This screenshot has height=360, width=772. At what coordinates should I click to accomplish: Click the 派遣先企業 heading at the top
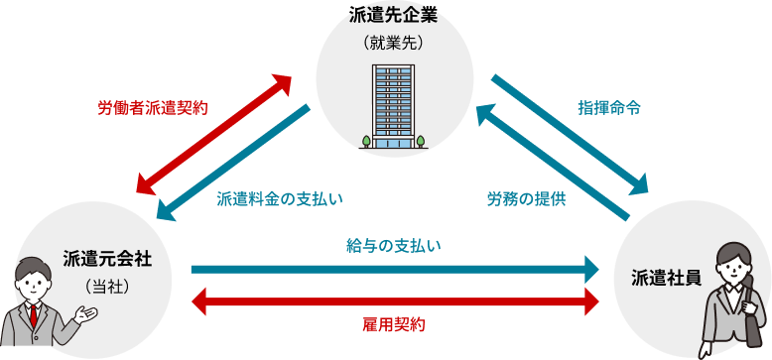(394, 14)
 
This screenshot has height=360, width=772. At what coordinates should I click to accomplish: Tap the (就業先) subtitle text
(394, 43)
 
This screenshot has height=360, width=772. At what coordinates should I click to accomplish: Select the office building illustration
(394, 105)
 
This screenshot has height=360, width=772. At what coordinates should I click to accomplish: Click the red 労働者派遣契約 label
(152, 107)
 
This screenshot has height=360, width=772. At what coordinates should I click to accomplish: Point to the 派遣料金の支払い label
(280, 198)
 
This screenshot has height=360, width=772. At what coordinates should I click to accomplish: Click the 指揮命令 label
(609, 107)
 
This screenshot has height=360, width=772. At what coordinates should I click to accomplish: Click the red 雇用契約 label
(394, 324)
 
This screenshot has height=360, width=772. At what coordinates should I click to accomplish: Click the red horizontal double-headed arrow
(394, 300)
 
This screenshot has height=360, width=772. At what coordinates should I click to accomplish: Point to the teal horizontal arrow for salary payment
(394, 269)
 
